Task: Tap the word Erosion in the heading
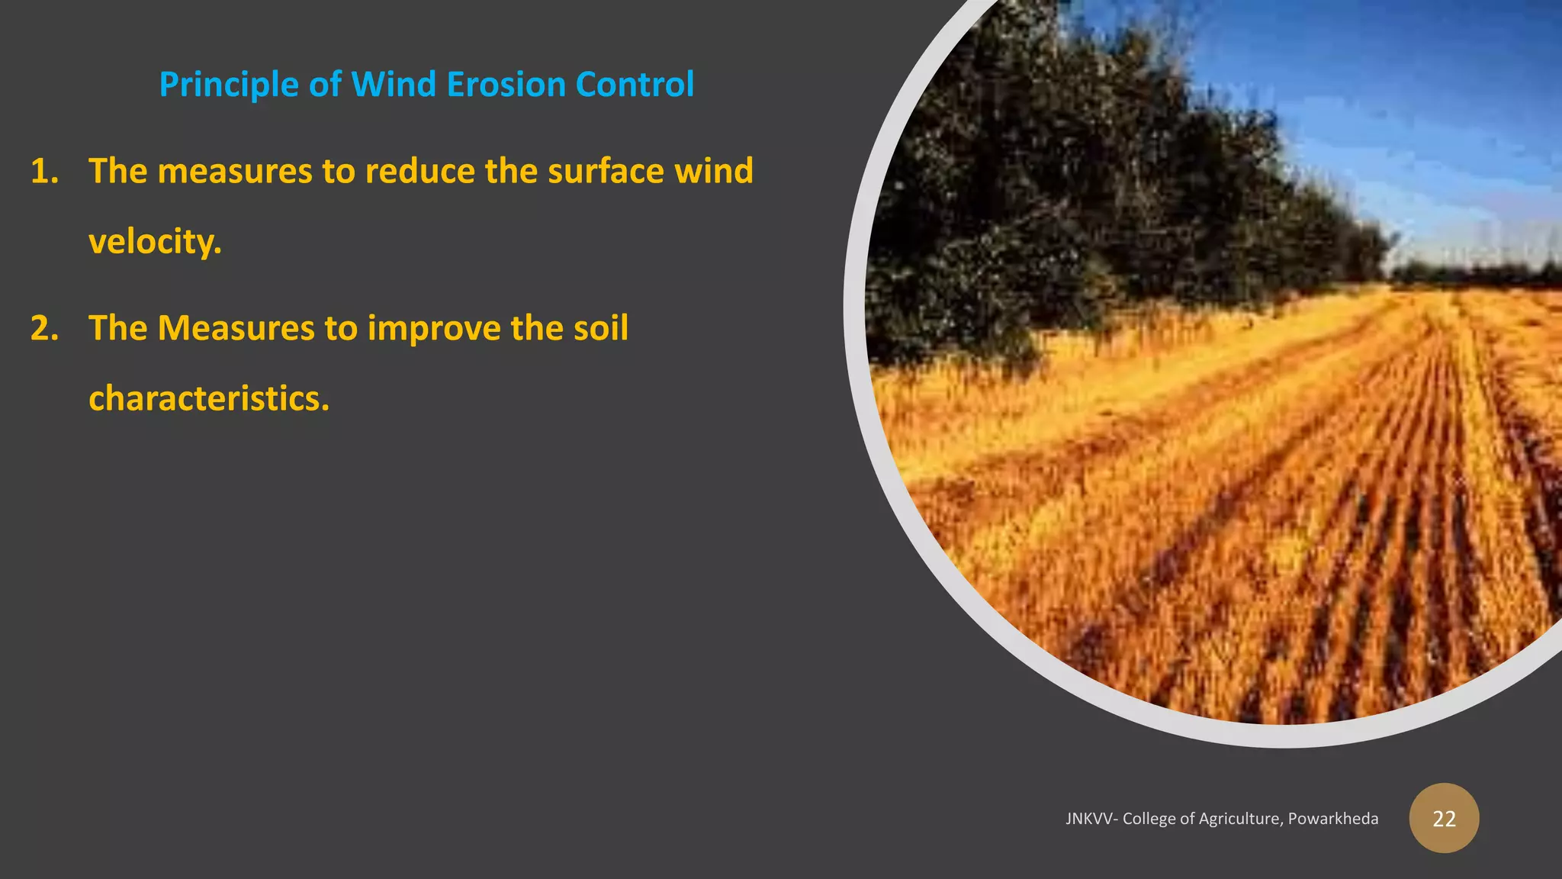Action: [506, 85]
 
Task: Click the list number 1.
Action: [43, 171]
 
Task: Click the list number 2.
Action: [43, 328]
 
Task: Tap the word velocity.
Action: [155, 243]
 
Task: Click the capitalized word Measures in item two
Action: [236, 328]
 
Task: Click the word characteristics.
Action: [209, 398]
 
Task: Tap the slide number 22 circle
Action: [1444, 818]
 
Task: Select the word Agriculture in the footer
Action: [1241, 819]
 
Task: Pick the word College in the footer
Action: [1149, 819]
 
